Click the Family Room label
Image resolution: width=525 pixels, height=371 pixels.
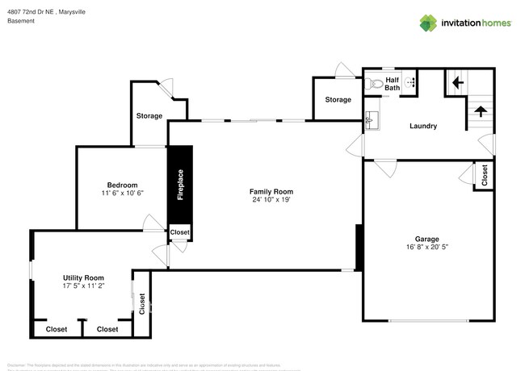(265, 191)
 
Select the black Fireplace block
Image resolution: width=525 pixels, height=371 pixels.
(180, 184)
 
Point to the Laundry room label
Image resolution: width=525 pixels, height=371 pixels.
(423, 126)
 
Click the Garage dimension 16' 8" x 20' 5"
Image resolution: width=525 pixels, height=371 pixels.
(426, 248)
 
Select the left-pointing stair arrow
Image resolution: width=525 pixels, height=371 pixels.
(456, 81)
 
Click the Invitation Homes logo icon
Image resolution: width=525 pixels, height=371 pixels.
(427, 23)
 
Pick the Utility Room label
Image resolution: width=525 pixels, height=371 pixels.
(83, 277)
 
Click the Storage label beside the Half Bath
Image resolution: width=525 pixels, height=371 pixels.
(338, 100)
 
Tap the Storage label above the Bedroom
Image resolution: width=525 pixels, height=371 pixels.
(149, 116)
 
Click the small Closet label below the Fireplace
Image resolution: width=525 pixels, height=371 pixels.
(180, 232)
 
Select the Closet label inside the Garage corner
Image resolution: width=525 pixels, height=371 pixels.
(484, 176)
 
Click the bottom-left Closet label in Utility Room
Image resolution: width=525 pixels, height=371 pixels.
(57, 329)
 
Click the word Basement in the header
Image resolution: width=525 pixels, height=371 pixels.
(20, 21)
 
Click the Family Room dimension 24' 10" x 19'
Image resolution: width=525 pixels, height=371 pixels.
(265, 200)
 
